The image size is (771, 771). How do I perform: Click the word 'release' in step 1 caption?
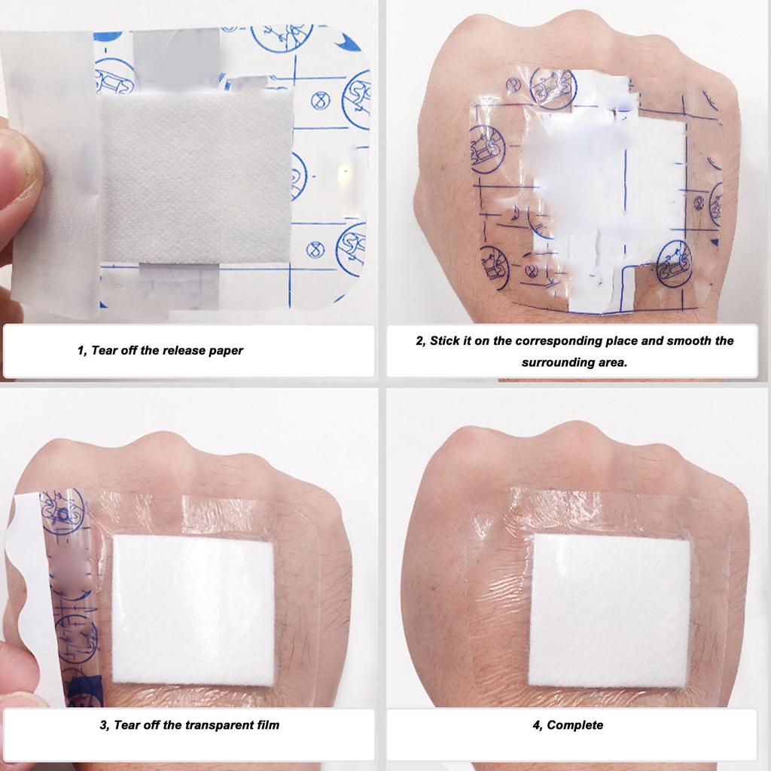point(184,351)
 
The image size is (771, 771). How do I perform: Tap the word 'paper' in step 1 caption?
point(227,351)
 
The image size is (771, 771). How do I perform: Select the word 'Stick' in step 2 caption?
point(445,341)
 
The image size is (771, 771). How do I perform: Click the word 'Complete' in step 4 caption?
point(574,725)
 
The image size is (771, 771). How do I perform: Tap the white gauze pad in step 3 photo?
point(194,611)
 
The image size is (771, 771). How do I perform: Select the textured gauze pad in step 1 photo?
point(197,177)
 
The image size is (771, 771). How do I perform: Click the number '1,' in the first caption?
point(83,351)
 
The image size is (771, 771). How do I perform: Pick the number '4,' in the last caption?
point(538,726)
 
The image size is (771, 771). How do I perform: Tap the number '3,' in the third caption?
point(105,726)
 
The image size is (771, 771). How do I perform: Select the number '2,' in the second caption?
point(421,341)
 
